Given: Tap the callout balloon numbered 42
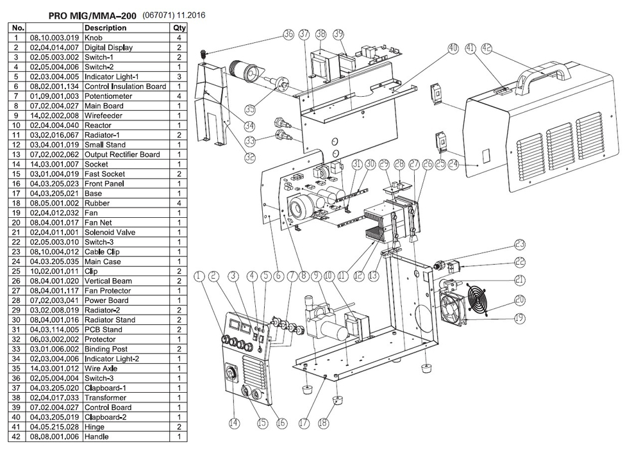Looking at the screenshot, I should coord(487,48).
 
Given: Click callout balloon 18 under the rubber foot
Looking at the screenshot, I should coord(324,423).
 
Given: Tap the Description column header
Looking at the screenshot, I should coord(105,28).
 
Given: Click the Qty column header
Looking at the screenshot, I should coord(179,28).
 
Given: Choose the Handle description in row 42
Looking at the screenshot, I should coord(97,436).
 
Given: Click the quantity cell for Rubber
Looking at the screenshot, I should coord(179,203).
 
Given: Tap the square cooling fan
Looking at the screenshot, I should coord(454,310).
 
